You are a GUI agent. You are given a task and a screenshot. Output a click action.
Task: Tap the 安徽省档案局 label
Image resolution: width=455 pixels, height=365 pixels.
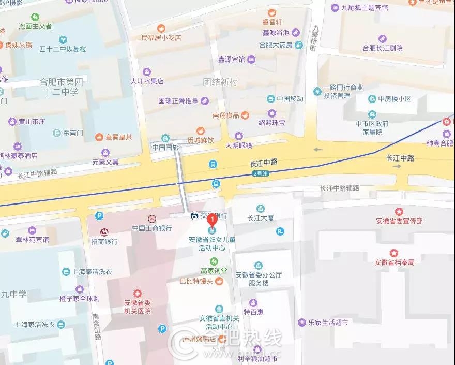tap(395, 262)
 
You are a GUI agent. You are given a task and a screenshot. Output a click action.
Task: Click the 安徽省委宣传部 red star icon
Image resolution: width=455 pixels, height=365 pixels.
tap(399, 212)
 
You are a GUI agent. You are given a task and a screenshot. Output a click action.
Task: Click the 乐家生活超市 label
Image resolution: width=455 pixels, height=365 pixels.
tap(328, 323)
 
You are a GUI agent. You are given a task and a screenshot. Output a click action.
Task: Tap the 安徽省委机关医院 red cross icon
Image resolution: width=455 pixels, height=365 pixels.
tap(137, 294)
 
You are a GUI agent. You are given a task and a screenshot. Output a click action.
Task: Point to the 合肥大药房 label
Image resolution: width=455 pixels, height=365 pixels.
tap(276, 45)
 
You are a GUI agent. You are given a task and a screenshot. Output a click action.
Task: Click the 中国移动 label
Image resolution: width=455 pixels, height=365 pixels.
tap(290, 99)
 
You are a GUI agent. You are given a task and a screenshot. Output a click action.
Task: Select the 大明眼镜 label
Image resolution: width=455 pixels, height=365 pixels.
tap(238, 145)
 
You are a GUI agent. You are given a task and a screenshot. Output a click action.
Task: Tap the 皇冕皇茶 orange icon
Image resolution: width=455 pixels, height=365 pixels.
tap(99, 137)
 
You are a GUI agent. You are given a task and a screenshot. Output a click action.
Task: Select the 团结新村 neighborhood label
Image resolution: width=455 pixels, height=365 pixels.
tap(220, 82)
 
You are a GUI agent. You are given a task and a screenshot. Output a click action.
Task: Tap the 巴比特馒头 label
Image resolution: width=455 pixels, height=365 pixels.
tap(196, 281)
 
